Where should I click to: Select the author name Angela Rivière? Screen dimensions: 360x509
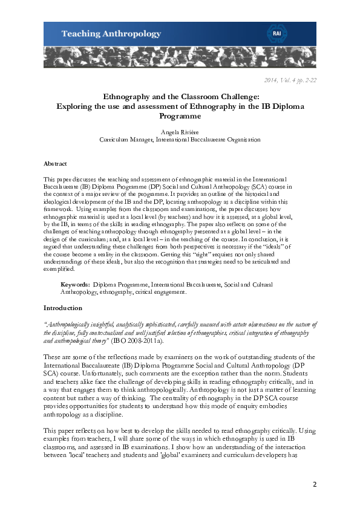pyautogui.click(x=180, y=131)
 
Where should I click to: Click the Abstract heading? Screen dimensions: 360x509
pyautogui.click(x=55, y=164)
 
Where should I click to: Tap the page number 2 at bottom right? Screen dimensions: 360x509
pyautogui.click(x=314, y=484)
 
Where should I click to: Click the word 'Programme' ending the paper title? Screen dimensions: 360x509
pyautogui.click(x=180, y=115)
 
